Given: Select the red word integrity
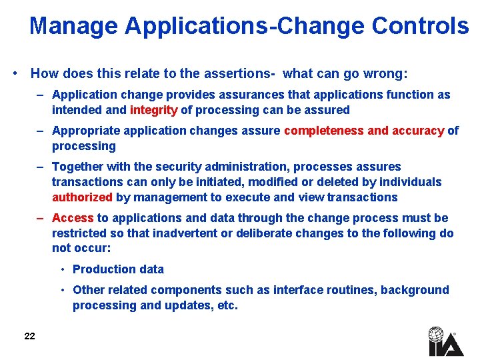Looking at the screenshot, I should point(154,110).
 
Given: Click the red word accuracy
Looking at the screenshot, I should point(417,131).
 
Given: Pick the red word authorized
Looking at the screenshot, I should point(82,197).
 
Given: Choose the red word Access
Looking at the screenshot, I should point(73,218).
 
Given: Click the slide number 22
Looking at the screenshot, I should point(29,336).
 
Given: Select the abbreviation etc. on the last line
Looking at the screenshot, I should point(226,306).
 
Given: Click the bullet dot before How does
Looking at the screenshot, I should point(15,73).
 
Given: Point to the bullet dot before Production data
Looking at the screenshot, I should point(61,269).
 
